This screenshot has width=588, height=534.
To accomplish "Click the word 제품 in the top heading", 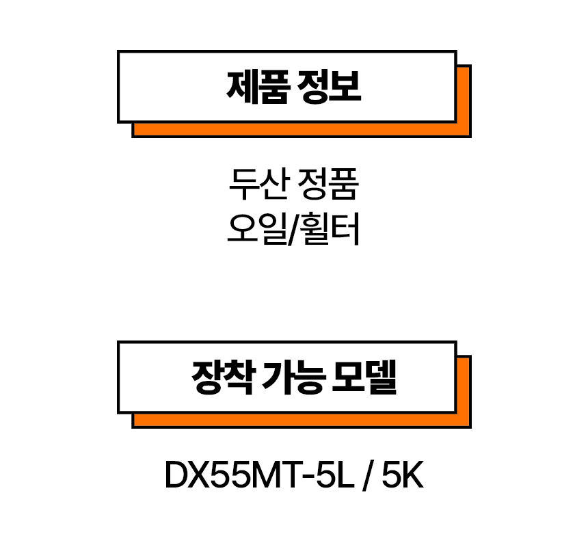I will click(x=250, y=87).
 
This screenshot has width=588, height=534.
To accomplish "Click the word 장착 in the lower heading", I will click(x=215, y=377).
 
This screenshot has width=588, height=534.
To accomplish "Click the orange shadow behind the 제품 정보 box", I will click(x=301, y=130).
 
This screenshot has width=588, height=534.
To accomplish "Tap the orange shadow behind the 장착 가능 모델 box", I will click(x=301, y=420).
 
